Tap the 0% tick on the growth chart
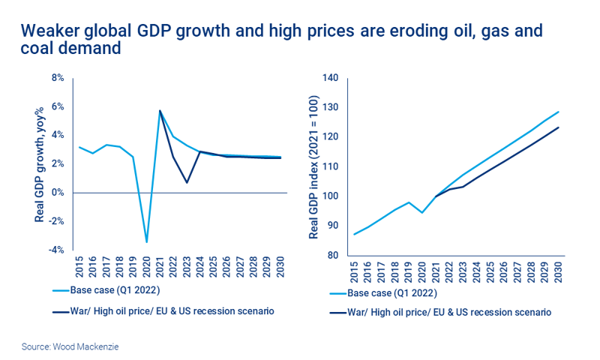click(58, 193)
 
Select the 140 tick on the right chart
click(331, 78)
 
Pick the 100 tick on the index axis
click(331, 196)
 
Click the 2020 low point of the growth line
click(146, 241)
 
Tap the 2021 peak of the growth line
click(160, 111)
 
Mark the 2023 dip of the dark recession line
click(187, 182)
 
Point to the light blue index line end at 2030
click(559, 112)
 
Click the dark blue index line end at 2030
click(559, 127)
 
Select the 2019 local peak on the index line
click(409, 202)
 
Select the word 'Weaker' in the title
click(50, 31)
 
